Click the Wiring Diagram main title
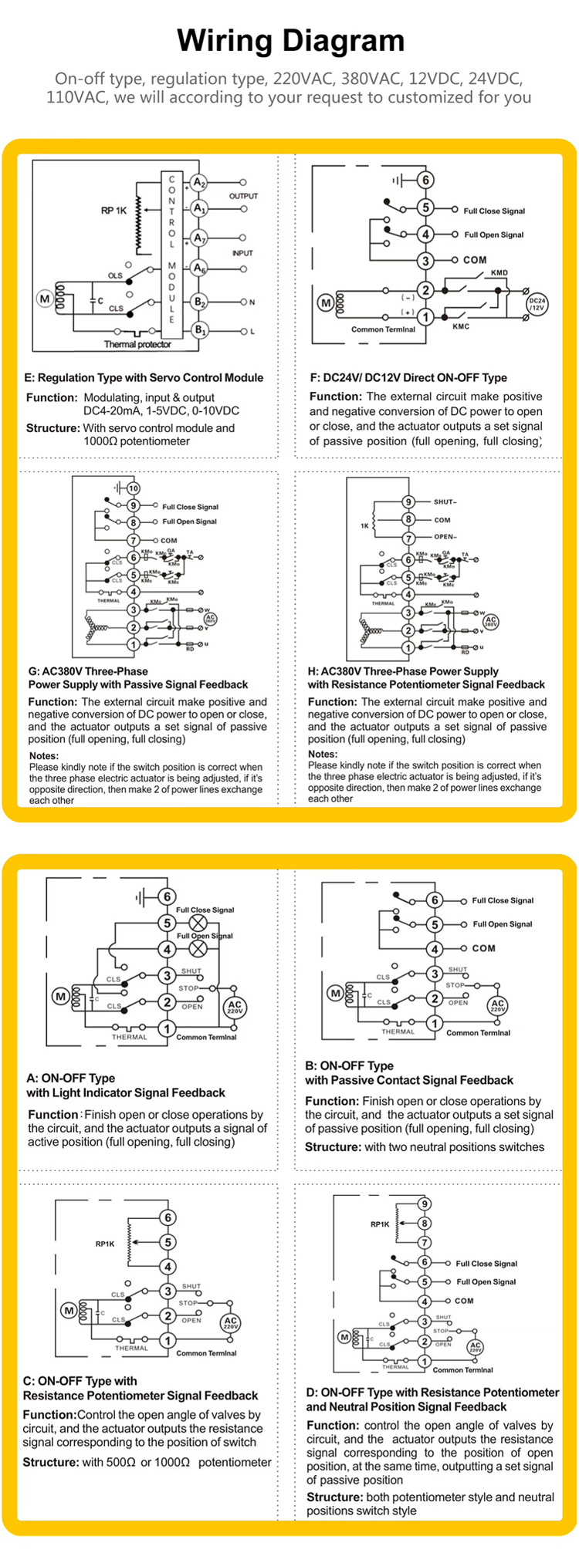[290, 41]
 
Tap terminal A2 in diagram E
[199, 183]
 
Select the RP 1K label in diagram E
[113, 210]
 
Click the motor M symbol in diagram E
[44, 299]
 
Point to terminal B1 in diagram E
[199, 331]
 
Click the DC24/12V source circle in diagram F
[537, 304]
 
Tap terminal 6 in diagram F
[425, 181]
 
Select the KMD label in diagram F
[499, 273]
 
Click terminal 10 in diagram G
[134, 488]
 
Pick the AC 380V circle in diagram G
[210, 618]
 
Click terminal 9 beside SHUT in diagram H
[408, 502]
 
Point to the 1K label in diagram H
[364, 526]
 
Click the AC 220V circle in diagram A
[235, 1008]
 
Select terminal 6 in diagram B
[435, 900]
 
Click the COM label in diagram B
[483, 948]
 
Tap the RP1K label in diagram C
[105, 1244]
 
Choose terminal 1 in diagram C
[168, 1341]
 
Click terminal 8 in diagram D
[424, 1223]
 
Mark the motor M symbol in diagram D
[344, 1337]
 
